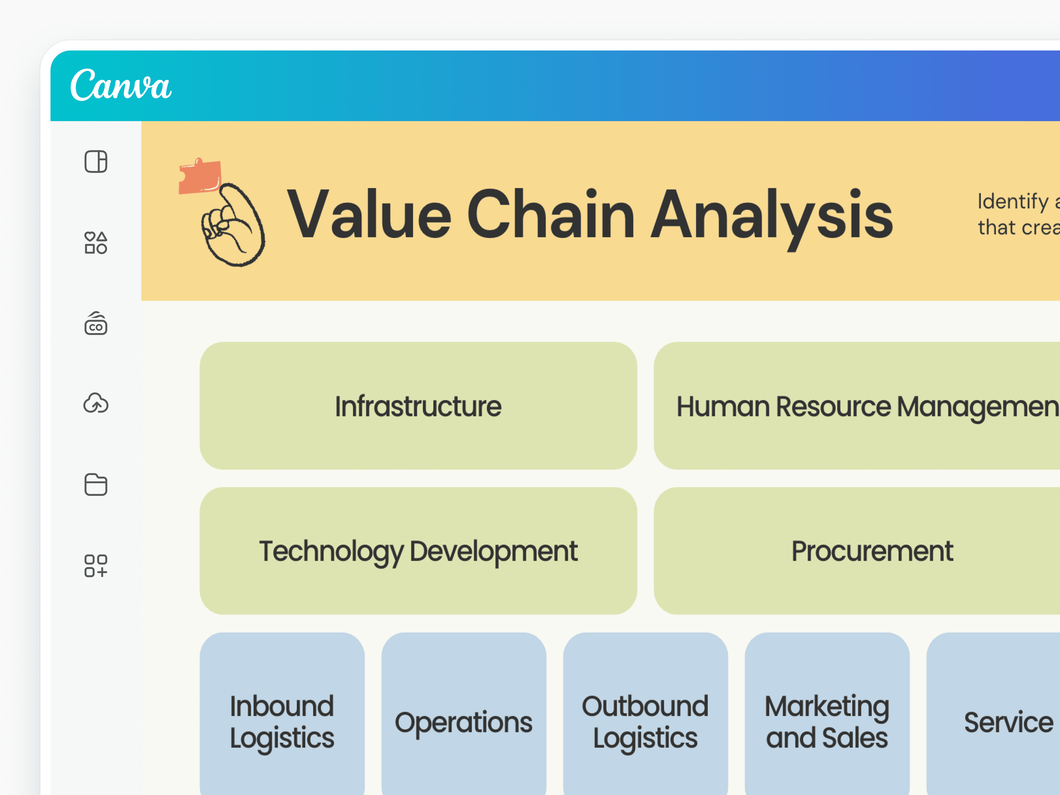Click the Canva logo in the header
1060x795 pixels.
click(121, 85)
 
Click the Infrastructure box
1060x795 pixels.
click(418, 406)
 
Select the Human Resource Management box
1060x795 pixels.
click(858, 406)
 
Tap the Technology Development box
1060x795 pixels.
click(418, 551)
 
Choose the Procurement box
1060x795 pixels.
click(858, 551)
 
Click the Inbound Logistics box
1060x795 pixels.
click(282, 719)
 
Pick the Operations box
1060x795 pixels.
click(463, 719)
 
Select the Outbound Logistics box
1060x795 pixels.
click(645, 719)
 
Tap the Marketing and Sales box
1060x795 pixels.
click(827, 719)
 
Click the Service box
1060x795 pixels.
click(997, 719)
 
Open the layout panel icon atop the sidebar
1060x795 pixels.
click(96, 161)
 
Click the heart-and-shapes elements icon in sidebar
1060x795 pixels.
click(96, 243)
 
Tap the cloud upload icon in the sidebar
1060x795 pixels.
click(96, 404)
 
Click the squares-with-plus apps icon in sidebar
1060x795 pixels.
click(96, 566)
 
